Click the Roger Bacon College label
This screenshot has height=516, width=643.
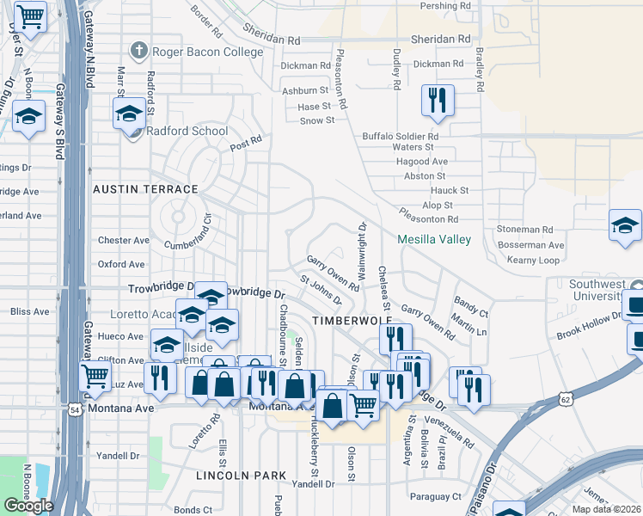[x=207, y=52]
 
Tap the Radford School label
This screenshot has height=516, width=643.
[x=187, y=131]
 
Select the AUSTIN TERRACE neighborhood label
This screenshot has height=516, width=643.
[x=145, y=188]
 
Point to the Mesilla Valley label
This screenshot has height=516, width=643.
[x=434, y=239]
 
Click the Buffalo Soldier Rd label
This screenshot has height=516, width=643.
[x=401, y=136]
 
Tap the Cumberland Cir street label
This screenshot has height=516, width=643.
[x=181, y=244]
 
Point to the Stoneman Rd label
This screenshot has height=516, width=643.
[x=524, y=230]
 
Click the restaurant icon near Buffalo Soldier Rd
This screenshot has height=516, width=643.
[x=438, y=100]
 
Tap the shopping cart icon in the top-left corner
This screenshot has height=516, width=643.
[x=30, y=15]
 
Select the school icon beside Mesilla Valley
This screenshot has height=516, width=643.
[x=625, y=226]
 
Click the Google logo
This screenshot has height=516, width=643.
[x=29, y=506]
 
